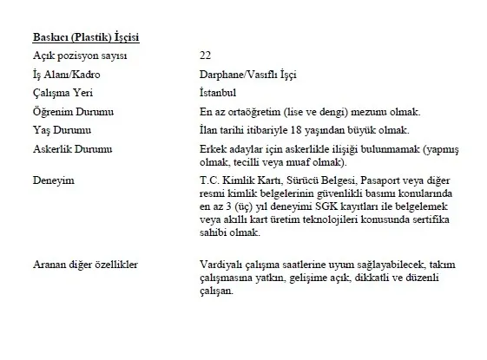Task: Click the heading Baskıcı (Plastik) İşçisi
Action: [85, 37]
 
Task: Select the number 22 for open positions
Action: [205, 56]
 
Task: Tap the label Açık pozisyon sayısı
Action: [79, 56]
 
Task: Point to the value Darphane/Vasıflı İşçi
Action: [247, 75]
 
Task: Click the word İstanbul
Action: [218, 93]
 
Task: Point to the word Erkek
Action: [212, 148]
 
